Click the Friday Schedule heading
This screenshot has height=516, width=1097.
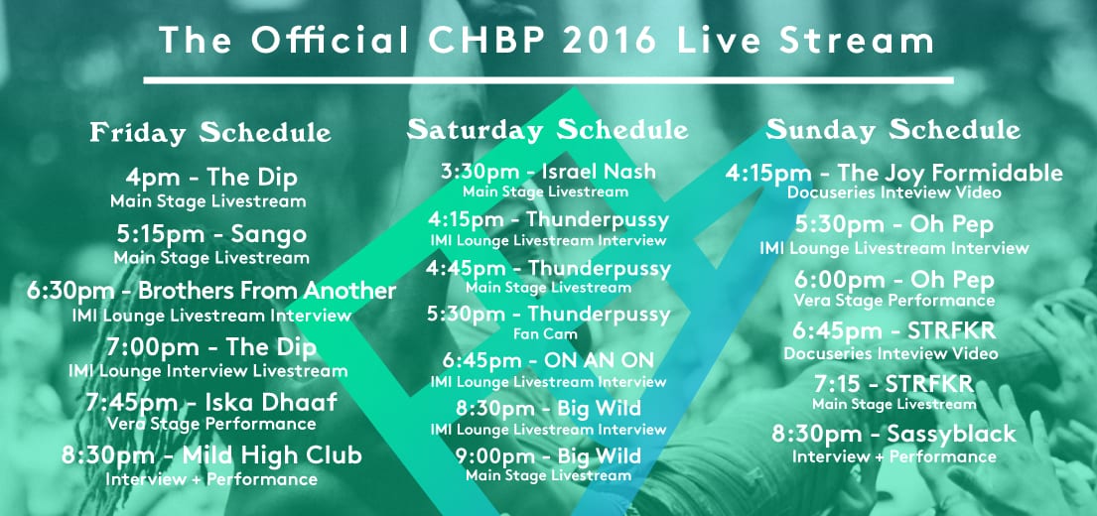pos(210,132)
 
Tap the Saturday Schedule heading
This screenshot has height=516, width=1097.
pos(548,129)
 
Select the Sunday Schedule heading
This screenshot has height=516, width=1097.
pos(893,129)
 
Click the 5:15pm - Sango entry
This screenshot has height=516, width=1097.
pos(212,234)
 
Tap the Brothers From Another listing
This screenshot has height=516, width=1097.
pos(211,290)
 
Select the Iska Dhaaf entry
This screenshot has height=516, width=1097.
pos(211,402)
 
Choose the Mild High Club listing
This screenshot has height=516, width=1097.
pos(211,455)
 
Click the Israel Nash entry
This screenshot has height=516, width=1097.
pos(548,172)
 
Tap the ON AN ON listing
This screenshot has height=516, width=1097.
pos(548,361)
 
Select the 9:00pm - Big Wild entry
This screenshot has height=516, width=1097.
pos(548,456)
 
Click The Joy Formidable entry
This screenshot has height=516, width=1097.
pos(893,172)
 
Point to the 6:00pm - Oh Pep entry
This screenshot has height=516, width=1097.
pos(893,281)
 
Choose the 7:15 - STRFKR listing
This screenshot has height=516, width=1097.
pos(893,384)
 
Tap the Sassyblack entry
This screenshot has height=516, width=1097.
pos(893,435)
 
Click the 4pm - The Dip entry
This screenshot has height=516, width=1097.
pos(211,178)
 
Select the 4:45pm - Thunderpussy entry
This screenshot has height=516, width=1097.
pos(548,269)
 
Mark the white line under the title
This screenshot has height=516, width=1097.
pos(548,80)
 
